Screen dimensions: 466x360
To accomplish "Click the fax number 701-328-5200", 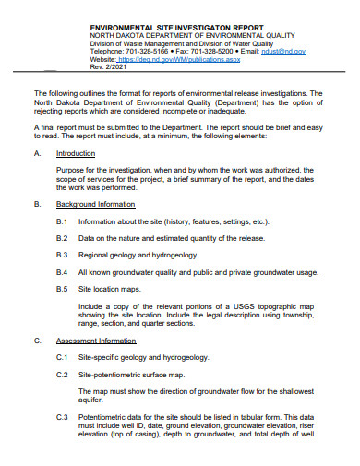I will pyautogui.click(x=217, y=52).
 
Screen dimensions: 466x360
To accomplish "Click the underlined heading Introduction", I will pyautogui.click(x=76, y=153).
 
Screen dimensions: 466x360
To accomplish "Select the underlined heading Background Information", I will pyautogui.click(x=95, y=203).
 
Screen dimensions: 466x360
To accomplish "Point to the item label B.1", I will pyautogui.click(x=62, y=222).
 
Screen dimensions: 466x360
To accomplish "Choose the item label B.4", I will pyautogui.click(x=62, y=273).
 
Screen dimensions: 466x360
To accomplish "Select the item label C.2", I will pyautogui.click(x=62, y=375).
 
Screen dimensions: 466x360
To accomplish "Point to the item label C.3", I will pyautogui.click(x=62, y=417).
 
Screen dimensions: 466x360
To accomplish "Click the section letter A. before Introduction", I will pyautogui.click(x=37, y=153).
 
